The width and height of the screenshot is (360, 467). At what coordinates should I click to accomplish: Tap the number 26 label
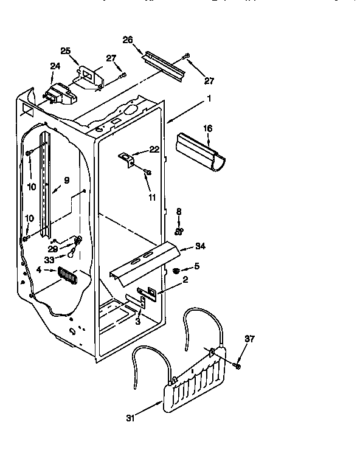128,40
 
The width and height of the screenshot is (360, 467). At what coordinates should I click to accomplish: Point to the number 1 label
209,99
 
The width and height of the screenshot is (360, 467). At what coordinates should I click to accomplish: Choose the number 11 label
152,197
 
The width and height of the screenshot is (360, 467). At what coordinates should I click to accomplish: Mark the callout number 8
179,212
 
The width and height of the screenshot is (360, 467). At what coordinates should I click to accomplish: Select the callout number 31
129,418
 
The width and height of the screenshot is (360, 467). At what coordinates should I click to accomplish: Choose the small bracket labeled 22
127,159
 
